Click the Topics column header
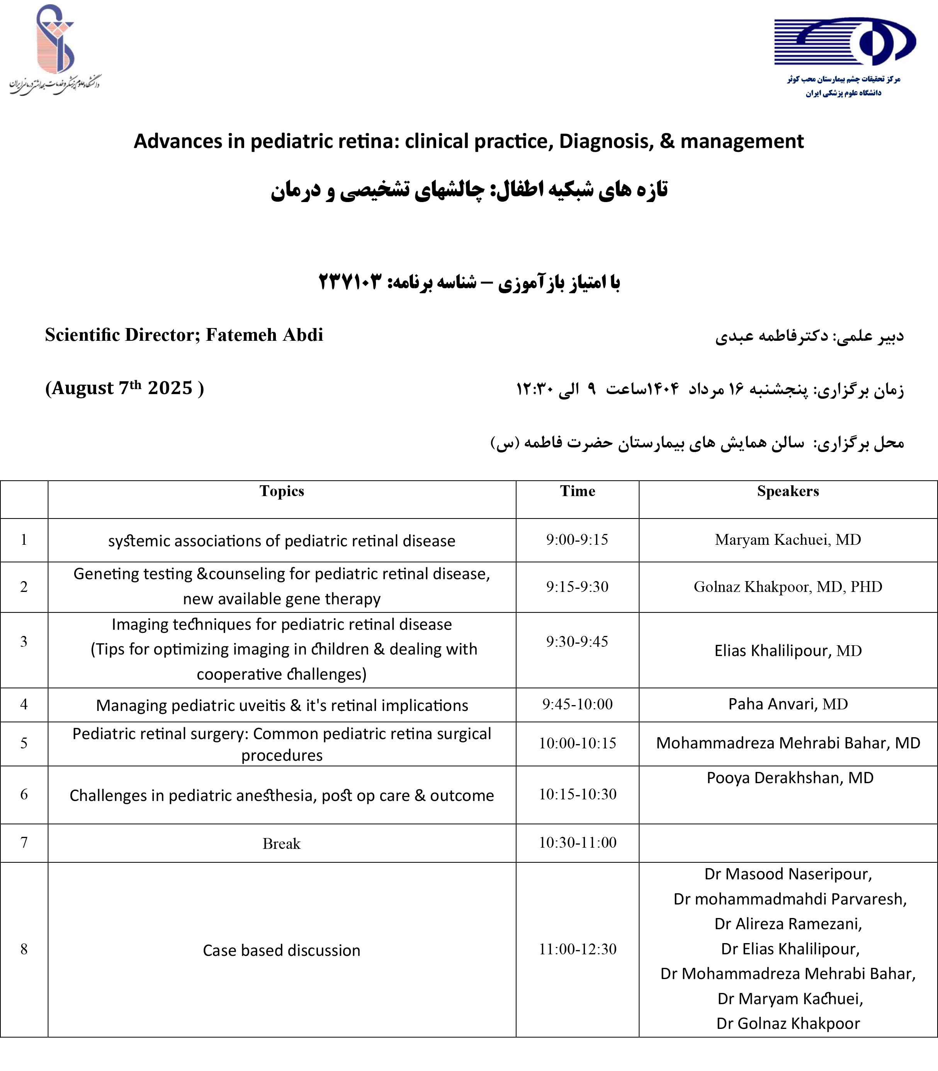tap(282, 491)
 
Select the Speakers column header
tap(788, 491)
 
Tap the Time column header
tap(577, 491)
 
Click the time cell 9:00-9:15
tap(577, 540)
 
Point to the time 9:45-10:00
tap(577, 704)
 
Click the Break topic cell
tap(282, 843)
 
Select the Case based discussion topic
tap(282, 950)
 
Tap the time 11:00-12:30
tap(577, 949)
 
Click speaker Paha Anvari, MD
tap(788, 704)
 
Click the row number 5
tap(24, 743)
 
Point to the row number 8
tap(24, 949)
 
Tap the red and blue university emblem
tap(55, 39)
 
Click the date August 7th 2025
tap(124, 388)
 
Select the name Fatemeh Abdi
tap(264, 335)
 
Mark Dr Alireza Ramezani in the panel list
tap(788, 924)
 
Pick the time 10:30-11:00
tap(577, 842)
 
